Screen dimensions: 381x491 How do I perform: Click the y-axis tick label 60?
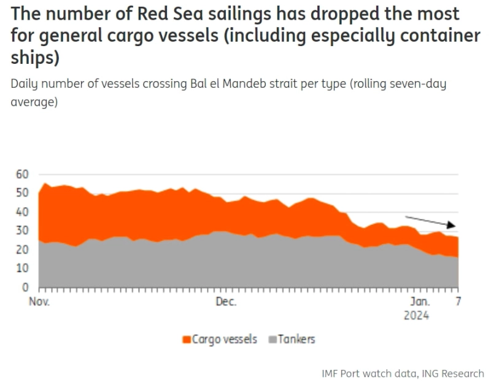[22, 175]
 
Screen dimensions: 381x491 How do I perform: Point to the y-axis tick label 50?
[22, 193]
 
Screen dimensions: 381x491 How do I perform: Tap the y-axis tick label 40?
[22, 212]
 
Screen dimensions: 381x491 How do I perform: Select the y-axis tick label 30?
[22, 231]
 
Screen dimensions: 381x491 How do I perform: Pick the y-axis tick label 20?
[22, 249]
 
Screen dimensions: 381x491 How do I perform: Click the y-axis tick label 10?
[22, 269]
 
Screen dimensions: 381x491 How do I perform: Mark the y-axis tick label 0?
[25, 288]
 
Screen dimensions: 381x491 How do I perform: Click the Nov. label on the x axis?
[39, 302]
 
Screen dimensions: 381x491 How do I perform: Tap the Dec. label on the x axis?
[225, 302]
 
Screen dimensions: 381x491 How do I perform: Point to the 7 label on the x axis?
[458, 302]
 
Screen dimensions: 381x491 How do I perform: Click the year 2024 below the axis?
[417, 315]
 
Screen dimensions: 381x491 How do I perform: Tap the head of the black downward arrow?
[455, 227]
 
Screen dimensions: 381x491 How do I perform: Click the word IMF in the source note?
[331, 373]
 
